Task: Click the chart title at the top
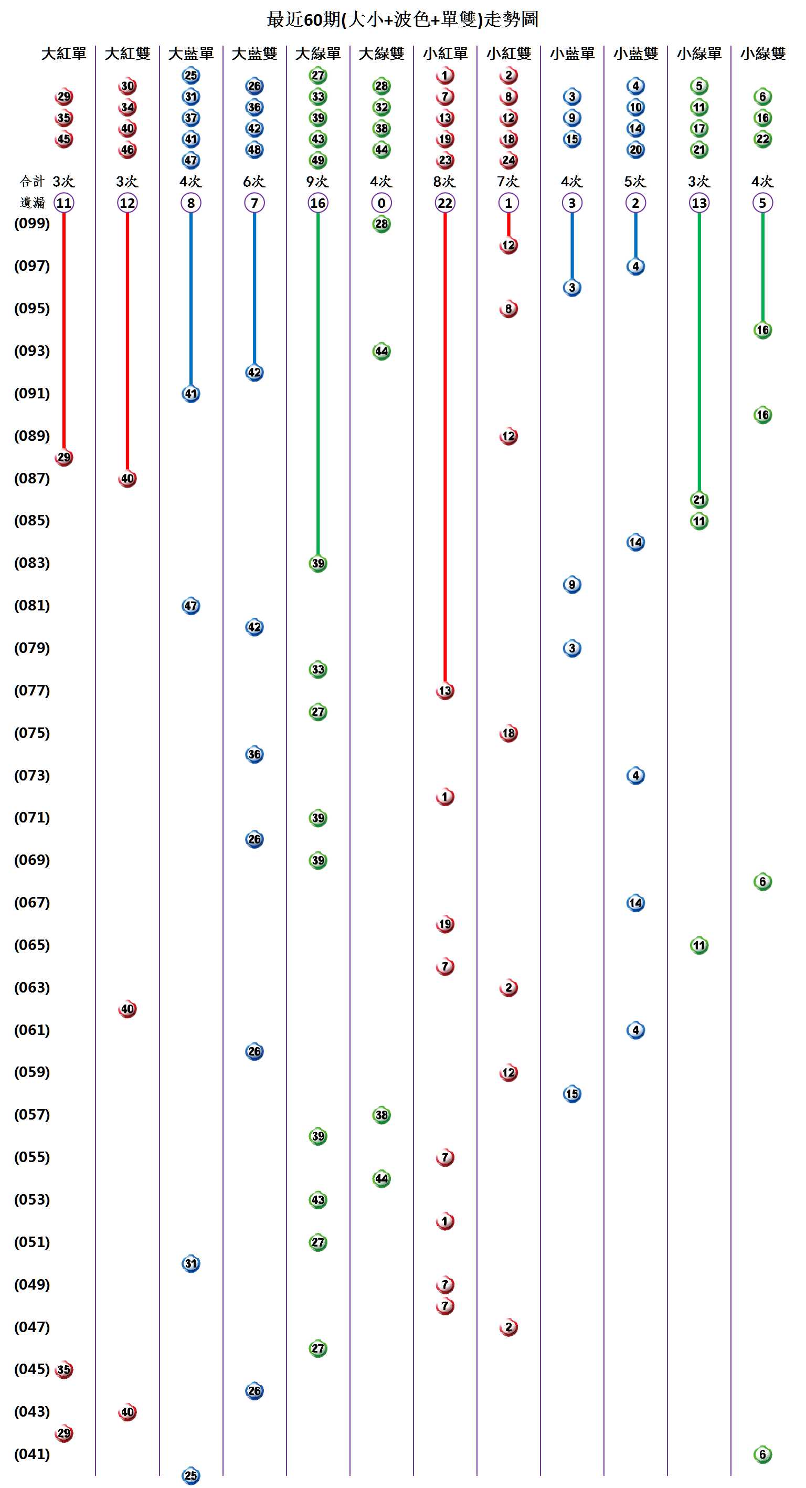402,19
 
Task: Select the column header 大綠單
317,54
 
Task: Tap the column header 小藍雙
635,54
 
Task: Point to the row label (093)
32,351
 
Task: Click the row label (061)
32,1030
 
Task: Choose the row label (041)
32,1454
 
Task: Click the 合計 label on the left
32,182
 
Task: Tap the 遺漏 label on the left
32,203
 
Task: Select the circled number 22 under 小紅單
444,203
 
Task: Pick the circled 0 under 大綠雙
381,203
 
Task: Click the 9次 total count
317,182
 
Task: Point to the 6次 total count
254,182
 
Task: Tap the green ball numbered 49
317,160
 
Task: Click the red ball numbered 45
63,139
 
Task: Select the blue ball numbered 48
254,150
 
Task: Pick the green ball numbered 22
762,139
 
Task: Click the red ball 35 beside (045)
63,1369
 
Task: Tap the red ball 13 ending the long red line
444,691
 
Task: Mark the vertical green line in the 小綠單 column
698,352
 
